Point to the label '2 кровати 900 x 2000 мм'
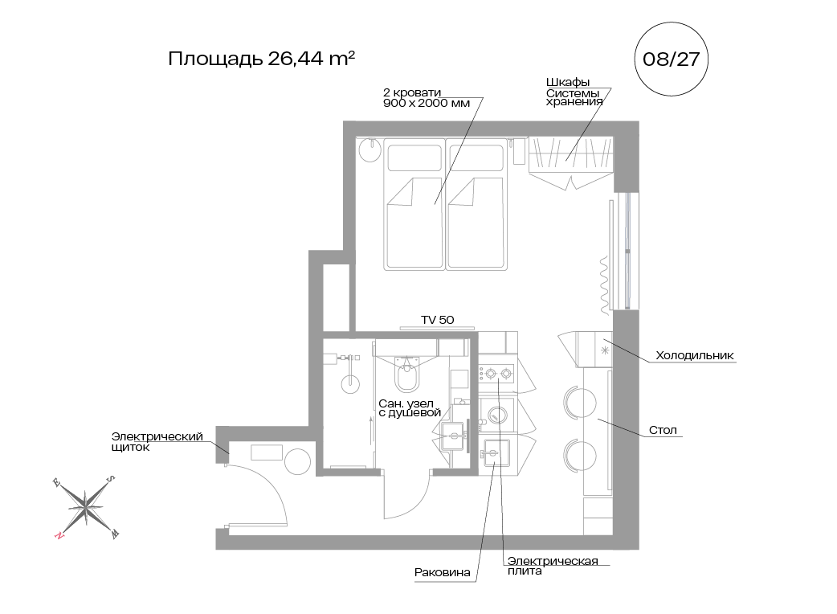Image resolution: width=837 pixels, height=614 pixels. coord(425,97)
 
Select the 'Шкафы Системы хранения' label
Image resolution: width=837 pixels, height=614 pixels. coord(574,92)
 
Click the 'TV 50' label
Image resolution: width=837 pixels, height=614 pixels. coord(438,320)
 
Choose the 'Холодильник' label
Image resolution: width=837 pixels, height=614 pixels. coord(695,355)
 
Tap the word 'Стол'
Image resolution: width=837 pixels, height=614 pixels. coord(663,431)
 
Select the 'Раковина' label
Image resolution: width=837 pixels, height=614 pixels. coord(442,573)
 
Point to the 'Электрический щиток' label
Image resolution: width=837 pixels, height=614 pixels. coord(157,441)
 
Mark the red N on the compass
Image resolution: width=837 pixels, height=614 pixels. coord(59,534)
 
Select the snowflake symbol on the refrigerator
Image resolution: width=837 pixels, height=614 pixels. coord(604,350)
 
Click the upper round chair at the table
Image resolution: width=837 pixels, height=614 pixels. coord(580,401)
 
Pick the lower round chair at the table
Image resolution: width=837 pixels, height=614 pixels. coord(580,455)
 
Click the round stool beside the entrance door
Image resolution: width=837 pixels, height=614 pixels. coord(297,461)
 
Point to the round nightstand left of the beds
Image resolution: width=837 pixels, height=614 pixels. coord(370,149)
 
